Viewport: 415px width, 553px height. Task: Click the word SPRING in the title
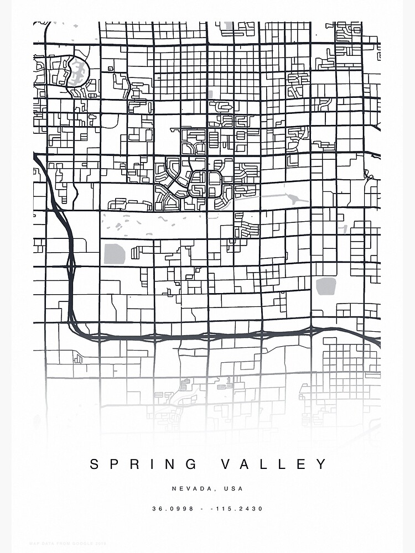(x=143, y=464)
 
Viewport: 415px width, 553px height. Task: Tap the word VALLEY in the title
(x=274, y=464)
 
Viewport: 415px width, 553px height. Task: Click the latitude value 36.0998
(x=173, y=509)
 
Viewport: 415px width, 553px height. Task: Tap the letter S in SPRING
(x=95, y=464)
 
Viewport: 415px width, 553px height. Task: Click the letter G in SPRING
(x=192, y=464)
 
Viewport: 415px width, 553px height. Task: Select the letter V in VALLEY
(x=226, y=464)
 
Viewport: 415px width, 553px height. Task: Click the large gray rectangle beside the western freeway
(x=115, y=253)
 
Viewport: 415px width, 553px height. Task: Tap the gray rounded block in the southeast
(x=326, y=287)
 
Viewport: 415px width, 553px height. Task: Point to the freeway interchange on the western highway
(x=71, y=267)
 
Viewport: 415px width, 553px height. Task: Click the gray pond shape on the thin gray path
(x=292, y=200)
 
